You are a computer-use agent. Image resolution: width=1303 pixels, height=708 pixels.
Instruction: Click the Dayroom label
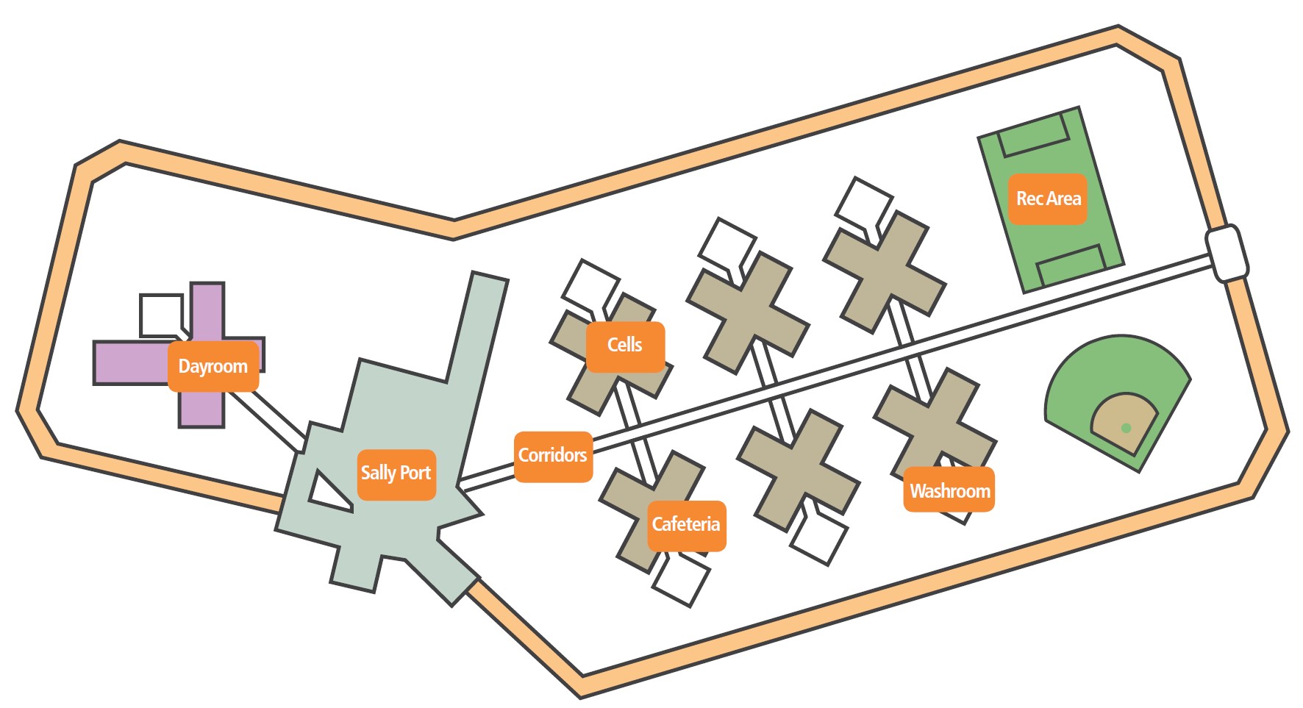213,366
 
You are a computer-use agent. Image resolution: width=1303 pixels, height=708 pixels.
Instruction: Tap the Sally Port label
396,473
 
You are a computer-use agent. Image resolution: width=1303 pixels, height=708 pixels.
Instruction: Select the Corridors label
553,456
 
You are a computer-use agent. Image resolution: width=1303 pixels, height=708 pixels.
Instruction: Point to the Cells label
625,346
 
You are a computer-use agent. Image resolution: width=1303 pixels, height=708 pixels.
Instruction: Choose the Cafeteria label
686,525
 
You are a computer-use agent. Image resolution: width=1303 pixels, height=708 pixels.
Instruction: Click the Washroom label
949,490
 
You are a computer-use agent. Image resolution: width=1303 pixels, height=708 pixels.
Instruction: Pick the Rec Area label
1048,199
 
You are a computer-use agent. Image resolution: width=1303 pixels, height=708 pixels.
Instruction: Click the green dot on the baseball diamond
1126,428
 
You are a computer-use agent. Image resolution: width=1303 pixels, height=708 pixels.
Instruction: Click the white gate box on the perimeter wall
1227,254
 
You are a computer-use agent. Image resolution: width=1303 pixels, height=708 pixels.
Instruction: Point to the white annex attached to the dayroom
160,315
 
